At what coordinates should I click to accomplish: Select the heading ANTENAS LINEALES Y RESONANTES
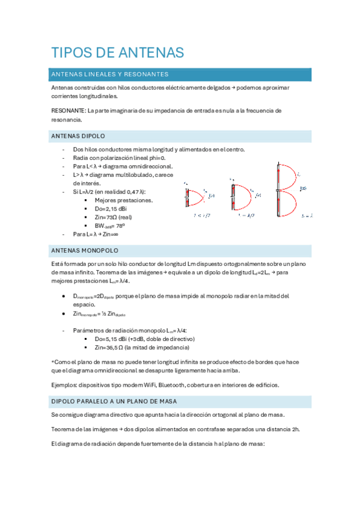click(110, 75)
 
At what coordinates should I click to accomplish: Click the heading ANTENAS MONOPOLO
click(85, 250)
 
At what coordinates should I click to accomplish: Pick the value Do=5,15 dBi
click(117, 339)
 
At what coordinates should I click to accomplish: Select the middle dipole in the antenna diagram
click(233, 195)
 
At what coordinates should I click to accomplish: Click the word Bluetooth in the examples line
click(171, 385)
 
